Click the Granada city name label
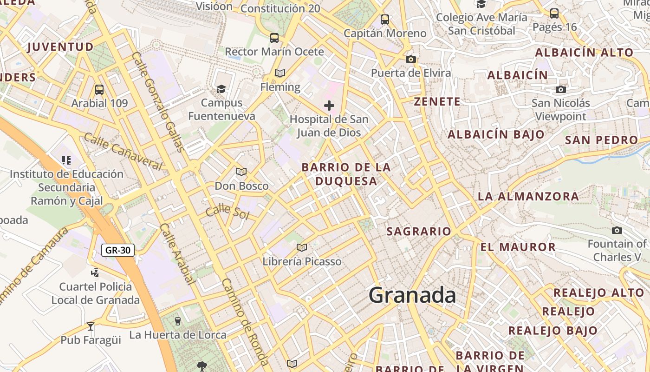point(412,295)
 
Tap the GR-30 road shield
point(118,250)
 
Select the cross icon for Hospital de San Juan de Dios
point(329,106)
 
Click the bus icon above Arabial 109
point(99,89)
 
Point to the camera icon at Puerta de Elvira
point(410,59)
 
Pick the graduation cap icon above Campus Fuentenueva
point(221,88)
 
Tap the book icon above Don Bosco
point(241,172)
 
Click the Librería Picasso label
point(302,261)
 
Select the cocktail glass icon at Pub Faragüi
point(91,326)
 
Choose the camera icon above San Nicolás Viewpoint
point(561,89)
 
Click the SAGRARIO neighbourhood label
point(419,231)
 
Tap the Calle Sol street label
point(227,212)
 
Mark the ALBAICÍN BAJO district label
point(496,134)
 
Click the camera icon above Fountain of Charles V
point(617,230)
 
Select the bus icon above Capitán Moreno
point(384,20)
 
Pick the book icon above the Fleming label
point(279,73)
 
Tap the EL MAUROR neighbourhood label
point(518,247)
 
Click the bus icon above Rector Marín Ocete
point(274,38)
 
